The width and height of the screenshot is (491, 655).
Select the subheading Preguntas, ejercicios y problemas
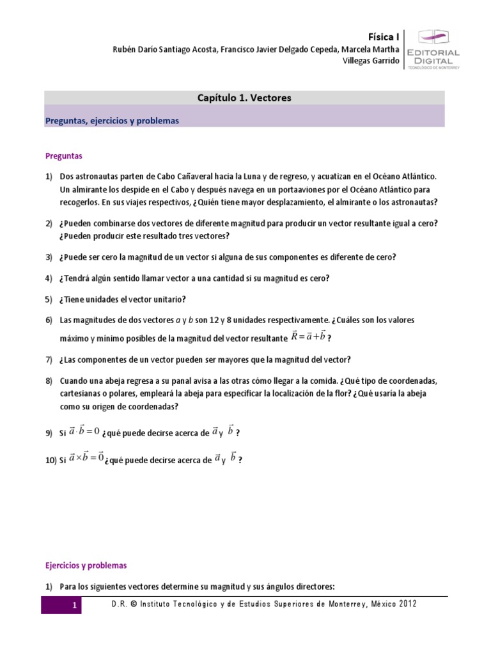pyautogui.click(x=111, y=120)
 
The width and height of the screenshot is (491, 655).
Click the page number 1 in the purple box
pyautogui.click(x=74, y=605)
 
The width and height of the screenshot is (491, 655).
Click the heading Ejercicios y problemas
pyautogui.click(x=86, y=565)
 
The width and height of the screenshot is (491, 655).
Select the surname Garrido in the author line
pyautogui.click(x=382, y=61)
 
